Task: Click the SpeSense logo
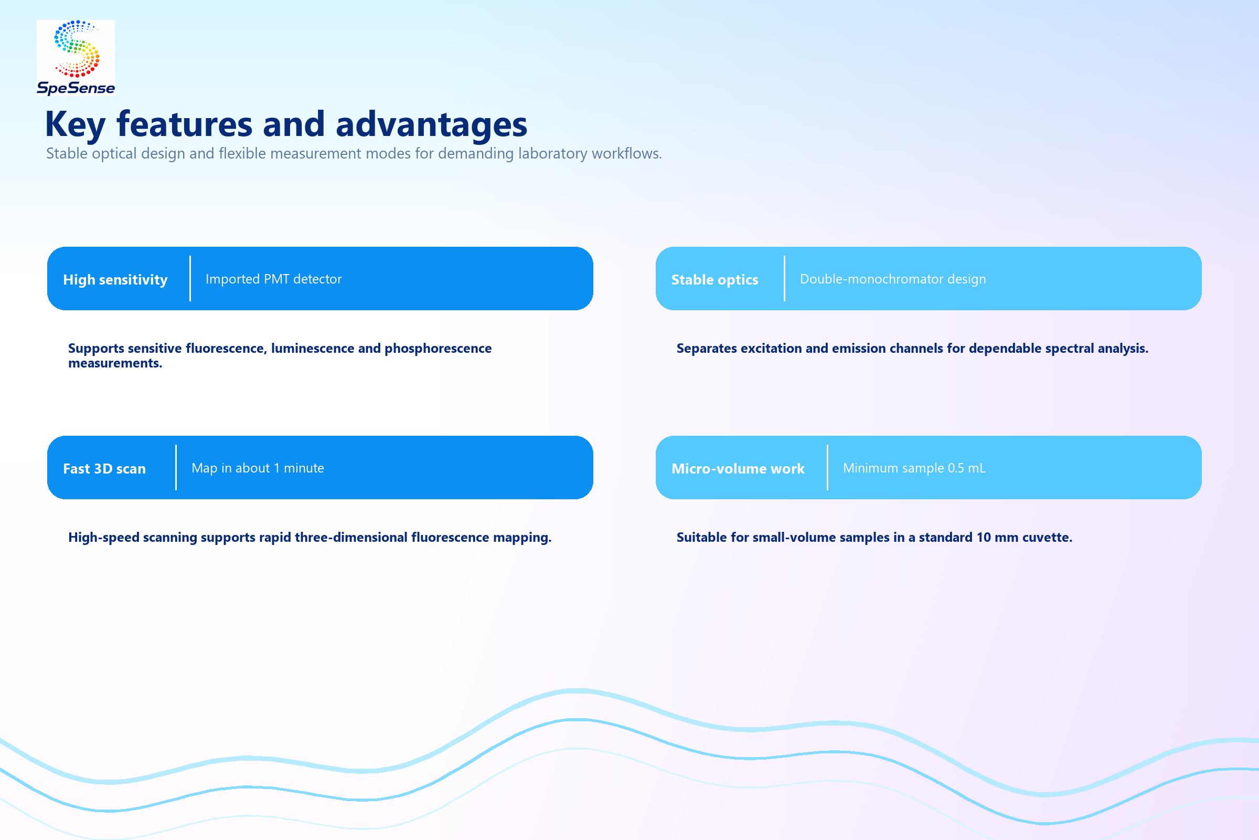(76, 57)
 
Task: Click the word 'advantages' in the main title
(431, 124)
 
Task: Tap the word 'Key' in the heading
(76, 125)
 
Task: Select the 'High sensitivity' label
(115, 280)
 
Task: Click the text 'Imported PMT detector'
(273, 279)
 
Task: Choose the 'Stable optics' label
(714, 280)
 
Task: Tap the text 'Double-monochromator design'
(893, 279)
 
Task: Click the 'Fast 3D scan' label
(104, 469)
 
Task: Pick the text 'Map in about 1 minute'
(258, 468)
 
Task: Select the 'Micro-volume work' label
(738, 469)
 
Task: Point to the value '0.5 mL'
(966, 468)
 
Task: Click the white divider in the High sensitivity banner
(190, 279)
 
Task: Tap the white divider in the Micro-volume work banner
(827, 468)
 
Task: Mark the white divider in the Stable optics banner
(784, 279)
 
